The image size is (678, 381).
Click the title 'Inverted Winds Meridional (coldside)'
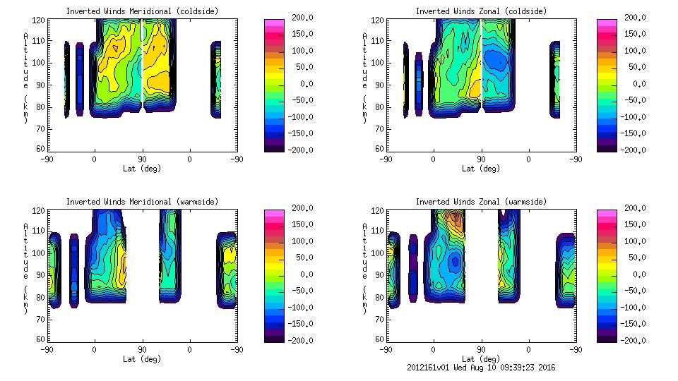[x=142, y=11]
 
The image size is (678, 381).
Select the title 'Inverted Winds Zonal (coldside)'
[x=481, y=11]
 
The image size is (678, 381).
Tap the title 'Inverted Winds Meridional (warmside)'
[x=142, y=202]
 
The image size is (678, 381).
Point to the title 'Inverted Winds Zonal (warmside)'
[x=481, y=202]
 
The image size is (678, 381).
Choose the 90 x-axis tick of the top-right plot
[x=480, y=159]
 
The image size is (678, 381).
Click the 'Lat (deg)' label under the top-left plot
[x=141, y=168]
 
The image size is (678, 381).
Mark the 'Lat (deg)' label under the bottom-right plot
[x=480, y=358]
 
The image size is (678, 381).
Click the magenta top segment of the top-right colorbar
[x=606, y=22]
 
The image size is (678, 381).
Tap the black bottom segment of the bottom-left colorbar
[x=274, y=338]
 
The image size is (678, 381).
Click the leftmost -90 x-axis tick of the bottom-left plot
[x=47, y=349]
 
